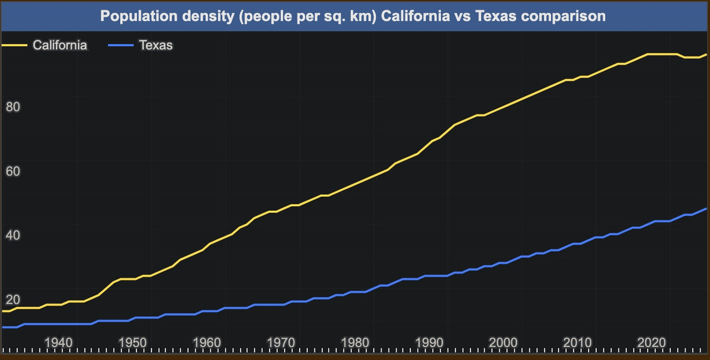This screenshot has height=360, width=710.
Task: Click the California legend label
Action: pos(60,45)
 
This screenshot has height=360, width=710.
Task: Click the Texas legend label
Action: pos(156,45)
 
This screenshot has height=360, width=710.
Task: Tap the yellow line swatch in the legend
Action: pos(15,45)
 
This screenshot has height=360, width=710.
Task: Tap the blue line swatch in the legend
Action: pos(121,45)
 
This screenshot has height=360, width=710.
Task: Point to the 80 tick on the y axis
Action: pos(13,107)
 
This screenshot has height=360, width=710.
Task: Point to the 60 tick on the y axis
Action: pos(13,171)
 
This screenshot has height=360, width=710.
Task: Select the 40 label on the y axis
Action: pos(13,236)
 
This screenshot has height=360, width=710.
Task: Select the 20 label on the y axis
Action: pos(13,300)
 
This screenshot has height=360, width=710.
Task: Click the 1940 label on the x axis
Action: pos(58,342)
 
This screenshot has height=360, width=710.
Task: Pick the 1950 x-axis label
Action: pos(133,342)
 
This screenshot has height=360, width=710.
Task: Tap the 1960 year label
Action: pos(207,342)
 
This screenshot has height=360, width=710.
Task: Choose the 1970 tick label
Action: pos(281,342)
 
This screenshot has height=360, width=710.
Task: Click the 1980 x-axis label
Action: pos(356,342)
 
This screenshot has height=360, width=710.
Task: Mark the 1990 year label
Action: pos(430,342)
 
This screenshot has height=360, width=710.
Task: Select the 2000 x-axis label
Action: pos(504,342)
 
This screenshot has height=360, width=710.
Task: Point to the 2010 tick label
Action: pos(578,342)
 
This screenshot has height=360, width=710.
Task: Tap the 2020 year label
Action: pos(652,342)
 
